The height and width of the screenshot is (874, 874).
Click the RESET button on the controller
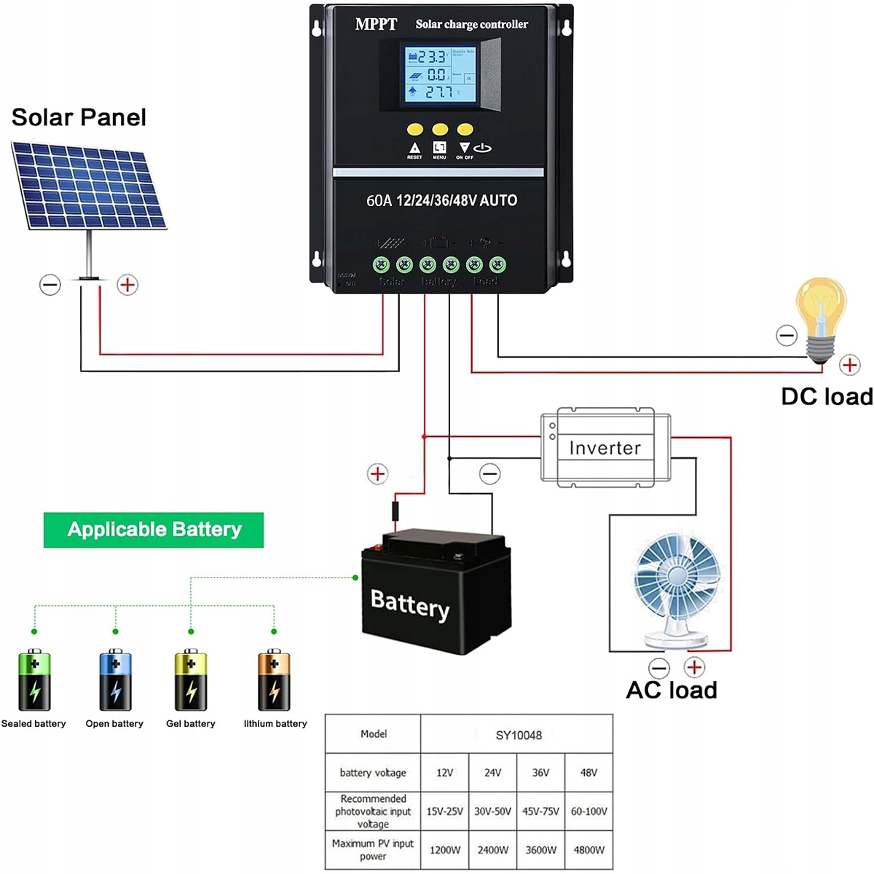415,130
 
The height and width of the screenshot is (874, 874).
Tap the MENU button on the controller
440,130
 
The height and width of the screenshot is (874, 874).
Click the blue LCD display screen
439,74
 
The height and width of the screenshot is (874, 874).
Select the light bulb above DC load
822,318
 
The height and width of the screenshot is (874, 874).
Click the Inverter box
605,447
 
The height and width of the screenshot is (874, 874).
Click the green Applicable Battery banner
154,529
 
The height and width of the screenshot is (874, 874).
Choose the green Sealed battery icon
34,680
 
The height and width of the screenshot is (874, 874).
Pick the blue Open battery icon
115,680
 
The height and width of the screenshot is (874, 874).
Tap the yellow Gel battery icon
191,680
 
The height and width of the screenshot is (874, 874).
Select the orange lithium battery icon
274,680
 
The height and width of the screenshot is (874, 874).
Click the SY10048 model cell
518,735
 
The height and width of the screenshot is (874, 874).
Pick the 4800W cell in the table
588,849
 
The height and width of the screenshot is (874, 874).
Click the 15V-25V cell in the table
444,811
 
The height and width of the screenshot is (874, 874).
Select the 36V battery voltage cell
540,773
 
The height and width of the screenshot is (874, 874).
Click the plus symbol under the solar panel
127,285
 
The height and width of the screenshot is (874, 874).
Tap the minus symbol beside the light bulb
787,336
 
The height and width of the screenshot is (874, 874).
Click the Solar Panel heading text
79,117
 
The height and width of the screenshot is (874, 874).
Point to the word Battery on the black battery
409,605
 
